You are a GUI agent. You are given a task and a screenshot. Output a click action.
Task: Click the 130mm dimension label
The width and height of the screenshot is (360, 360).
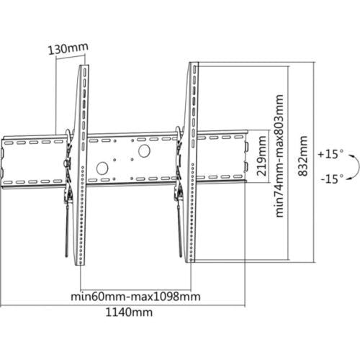click(68, 49)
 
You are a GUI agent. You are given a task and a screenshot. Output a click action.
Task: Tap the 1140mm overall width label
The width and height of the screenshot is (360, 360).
click(129, 312)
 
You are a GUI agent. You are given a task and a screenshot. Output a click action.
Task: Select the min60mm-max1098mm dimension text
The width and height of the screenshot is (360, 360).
click(135, 297)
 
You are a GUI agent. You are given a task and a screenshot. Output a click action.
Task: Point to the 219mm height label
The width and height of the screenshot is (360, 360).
click(261, 156)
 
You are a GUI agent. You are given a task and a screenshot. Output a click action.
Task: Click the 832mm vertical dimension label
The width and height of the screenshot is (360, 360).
click(302, 156)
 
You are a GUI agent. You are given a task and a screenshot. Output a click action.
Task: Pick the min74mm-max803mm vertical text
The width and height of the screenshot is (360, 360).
click(279, 156)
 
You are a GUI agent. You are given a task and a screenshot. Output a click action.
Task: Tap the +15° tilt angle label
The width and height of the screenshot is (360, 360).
click(330, 154)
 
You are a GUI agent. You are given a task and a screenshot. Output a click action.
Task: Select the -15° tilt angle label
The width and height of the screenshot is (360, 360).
click(333, 179)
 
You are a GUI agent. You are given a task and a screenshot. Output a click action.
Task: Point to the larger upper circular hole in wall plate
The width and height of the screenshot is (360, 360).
click(144, 151)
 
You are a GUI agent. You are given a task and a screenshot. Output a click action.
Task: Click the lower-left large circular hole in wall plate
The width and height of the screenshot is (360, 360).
click(102, 168)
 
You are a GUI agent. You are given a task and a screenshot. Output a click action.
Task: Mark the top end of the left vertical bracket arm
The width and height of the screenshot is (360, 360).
click(84, 66)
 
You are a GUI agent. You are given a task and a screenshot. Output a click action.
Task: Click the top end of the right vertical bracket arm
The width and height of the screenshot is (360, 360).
click(194, 63)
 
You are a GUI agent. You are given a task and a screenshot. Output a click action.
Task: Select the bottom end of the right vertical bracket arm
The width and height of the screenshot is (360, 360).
click(190, 261)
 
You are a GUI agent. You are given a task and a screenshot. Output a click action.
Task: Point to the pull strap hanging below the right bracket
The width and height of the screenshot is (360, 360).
click(179, 230)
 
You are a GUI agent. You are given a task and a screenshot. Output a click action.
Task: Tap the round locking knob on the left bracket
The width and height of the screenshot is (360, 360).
click(66, 163)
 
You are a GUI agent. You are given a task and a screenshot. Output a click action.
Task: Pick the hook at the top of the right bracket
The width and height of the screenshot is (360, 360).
click(179, 132)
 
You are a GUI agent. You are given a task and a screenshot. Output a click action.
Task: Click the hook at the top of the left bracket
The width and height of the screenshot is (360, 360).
click(68, 135)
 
